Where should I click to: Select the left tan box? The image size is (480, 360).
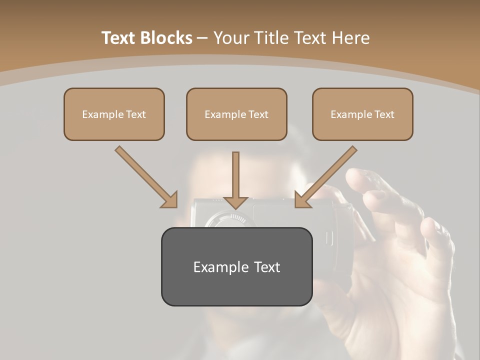click(x=114, y=114)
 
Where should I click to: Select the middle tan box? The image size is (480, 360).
click(x=236, y=114)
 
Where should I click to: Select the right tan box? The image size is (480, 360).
click(x=362, y=114)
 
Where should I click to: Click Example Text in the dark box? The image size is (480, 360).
click(x=236, y=267)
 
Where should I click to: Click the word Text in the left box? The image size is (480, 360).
click(x=136, y=114)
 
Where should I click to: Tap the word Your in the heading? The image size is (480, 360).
click(x=232, y=38)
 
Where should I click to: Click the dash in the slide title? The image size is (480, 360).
click(x=202, y=38)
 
